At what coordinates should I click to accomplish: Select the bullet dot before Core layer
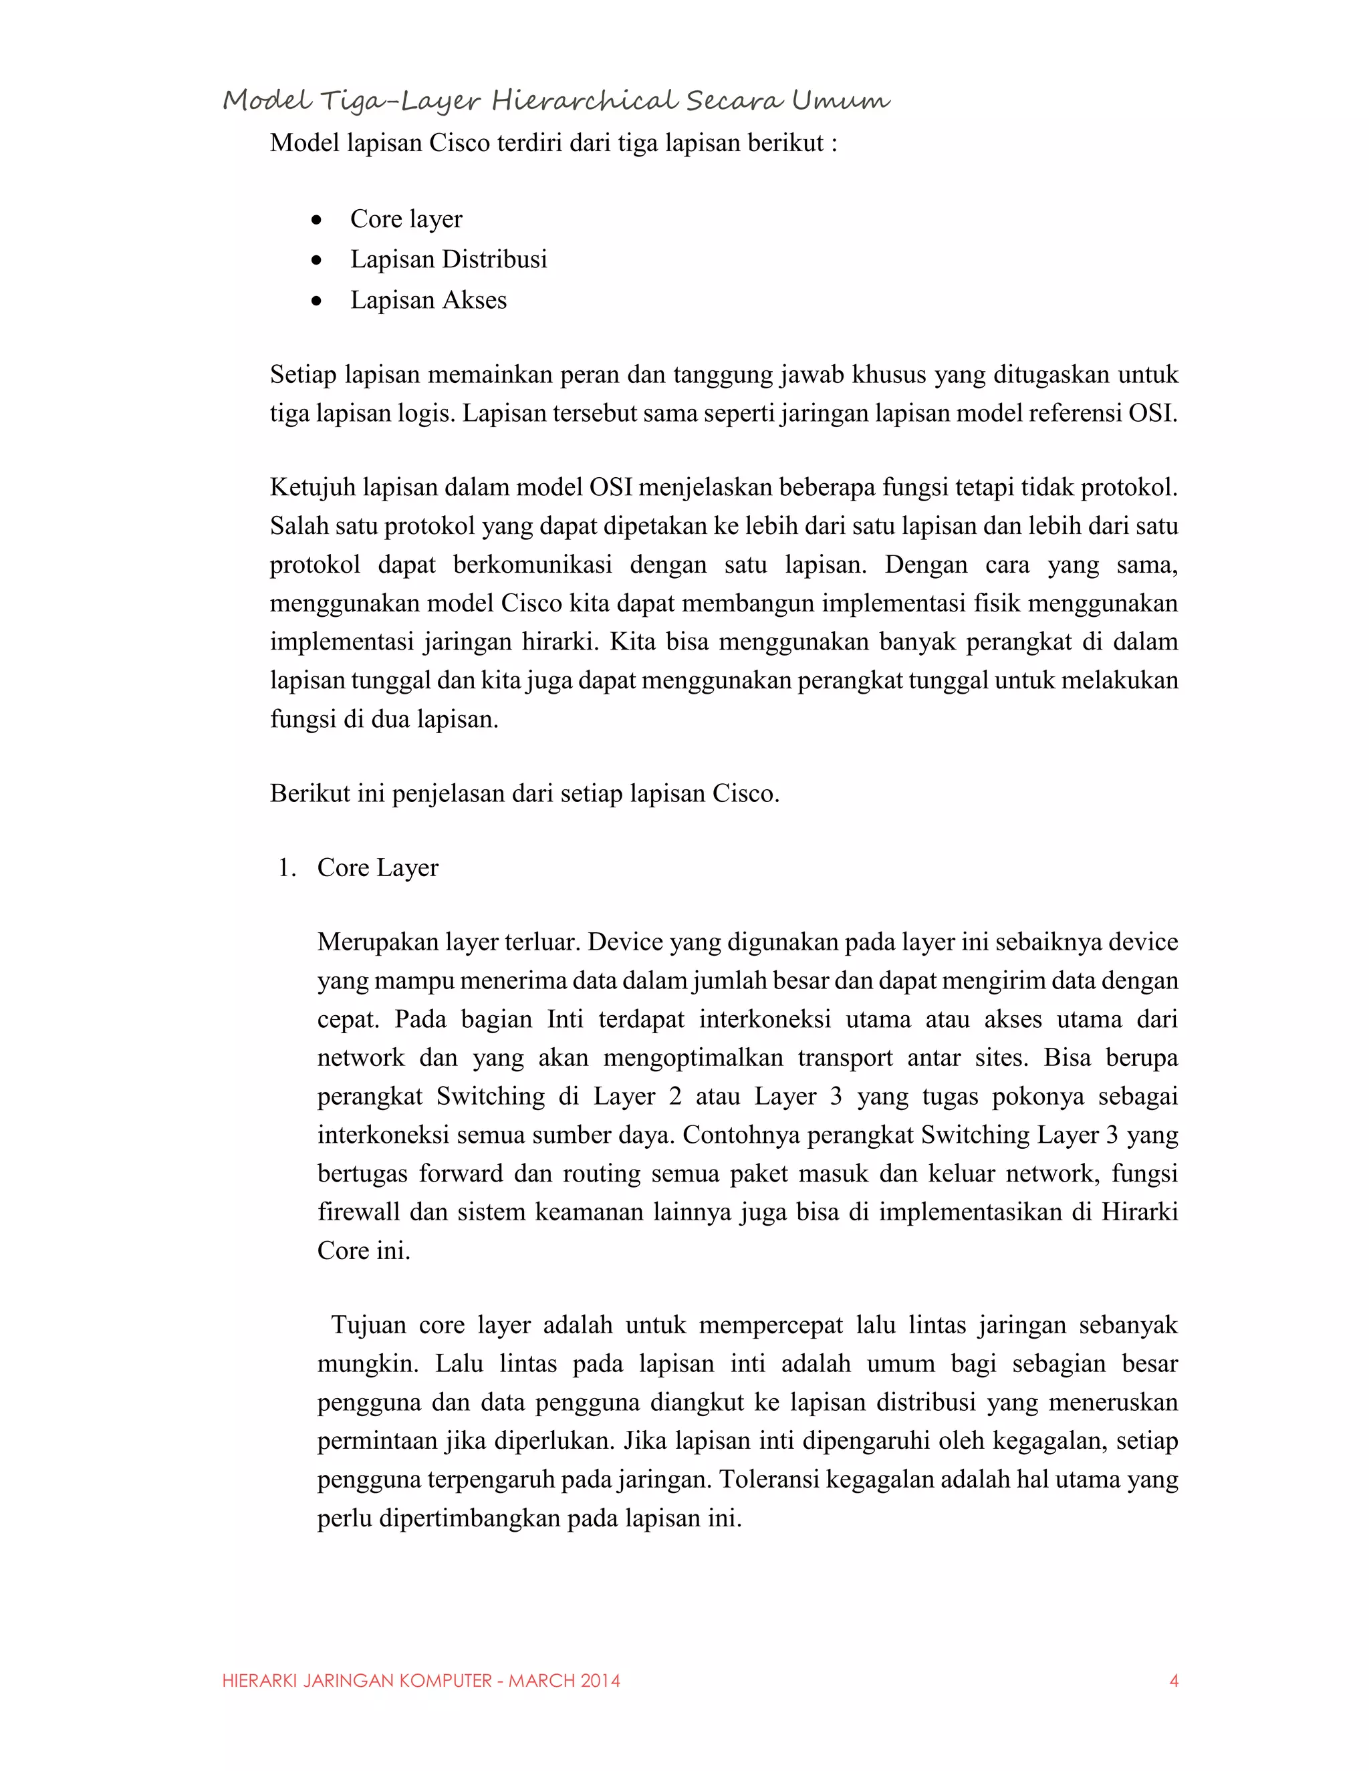click(316, 220)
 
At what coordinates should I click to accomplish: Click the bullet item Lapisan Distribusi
click(448, 259)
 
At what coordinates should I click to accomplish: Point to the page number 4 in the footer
click(1172, 1681)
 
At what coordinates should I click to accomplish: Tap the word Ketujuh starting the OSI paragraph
click(312, 488)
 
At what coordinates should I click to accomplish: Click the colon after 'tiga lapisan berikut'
click(833, 144)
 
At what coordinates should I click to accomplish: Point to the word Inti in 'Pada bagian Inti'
click(566, 1019)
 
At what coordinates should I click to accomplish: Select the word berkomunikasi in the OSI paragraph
click(532, 565)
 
